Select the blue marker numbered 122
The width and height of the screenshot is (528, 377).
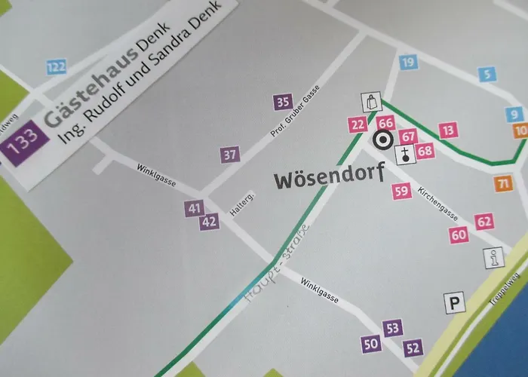pos(56,68)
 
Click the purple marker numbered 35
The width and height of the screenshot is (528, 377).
pos(283,103)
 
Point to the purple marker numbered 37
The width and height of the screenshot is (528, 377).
pos(231,155)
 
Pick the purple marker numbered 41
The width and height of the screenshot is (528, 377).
pos(195,208)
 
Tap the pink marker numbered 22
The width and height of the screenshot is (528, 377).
pos(358,125)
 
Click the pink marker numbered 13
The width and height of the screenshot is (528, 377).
pos(449,130)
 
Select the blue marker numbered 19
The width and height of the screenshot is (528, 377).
pos(408,63)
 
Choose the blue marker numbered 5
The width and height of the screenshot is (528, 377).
pos(488,74)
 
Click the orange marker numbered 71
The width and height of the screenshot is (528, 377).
pos(503,182)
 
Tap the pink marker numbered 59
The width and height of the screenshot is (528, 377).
pos(402,191)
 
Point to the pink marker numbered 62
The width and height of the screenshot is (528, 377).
pos(484,221)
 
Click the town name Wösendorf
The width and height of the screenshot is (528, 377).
pos(329,179)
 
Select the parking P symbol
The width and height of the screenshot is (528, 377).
pos(454,303)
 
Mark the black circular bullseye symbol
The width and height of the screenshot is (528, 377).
pos(382,139)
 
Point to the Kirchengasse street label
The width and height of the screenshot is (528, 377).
pos(444,202)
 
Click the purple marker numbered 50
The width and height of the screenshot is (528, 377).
pos(370,345)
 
